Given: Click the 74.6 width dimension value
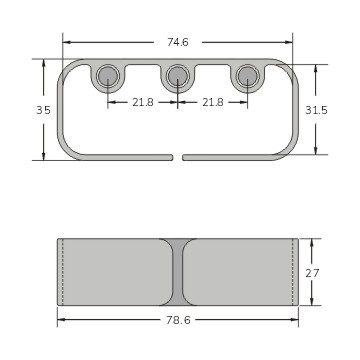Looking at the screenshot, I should [178, 41].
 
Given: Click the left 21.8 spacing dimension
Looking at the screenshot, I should [143, 102].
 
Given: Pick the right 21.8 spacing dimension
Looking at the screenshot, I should [213, 102].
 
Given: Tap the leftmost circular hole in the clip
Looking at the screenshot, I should [108, 76].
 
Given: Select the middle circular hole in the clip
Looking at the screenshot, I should [178, 76].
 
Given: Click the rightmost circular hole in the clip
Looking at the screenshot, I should [247, 76].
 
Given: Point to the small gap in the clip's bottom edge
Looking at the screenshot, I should [177, 157].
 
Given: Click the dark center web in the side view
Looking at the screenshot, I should [178, 272].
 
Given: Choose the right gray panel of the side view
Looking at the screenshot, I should [240, 272].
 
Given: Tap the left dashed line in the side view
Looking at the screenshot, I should [63, 272].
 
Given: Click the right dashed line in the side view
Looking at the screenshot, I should [292, 272].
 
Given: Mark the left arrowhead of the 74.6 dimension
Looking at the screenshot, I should [66, 41].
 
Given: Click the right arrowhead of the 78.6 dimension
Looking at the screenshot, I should [295, 320].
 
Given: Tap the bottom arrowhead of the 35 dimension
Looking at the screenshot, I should [43, 156].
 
